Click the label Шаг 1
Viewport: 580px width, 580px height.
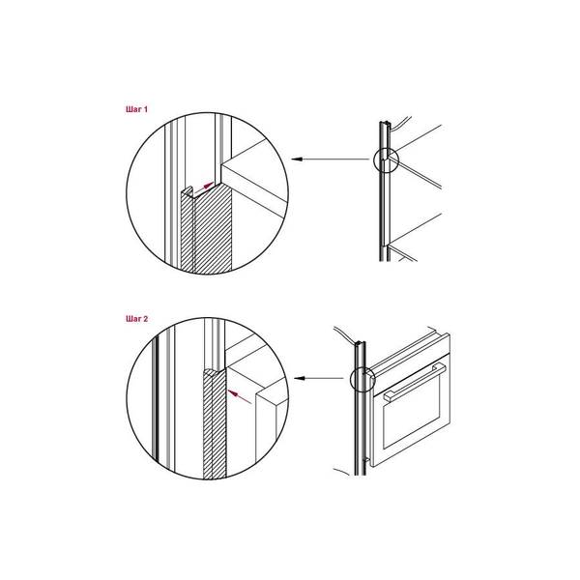point(136,109)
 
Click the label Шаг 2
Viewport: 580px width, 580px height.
point(136,318)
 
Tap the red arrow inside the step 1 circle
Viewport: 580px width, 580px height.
point(204,188)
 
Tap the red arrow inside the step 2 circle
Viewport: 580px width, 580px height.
point(240,396)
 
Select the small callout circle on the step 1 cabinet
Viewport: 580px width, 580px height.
point(386,160)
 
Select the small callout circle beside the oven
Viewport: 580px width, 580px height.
point(362,379)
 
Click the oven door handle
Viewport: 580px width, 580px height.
point(416,382)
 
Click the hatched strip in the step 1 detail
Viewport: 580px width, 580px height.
point(207,229)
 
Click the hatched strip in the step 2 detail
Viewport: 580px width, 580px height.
point(215,424)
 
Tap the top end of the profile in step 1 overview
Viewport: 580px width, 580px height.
point(385,124)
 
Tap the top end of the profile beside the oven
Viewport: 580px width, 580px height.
point(360,343)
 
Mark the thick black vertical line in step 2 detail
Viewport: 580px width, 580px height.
point(157,399)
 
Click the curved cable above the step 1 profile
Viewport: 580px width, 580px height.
point(401,123)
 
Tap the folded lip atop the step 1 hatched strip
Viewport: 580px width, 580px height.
point(188,190)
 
